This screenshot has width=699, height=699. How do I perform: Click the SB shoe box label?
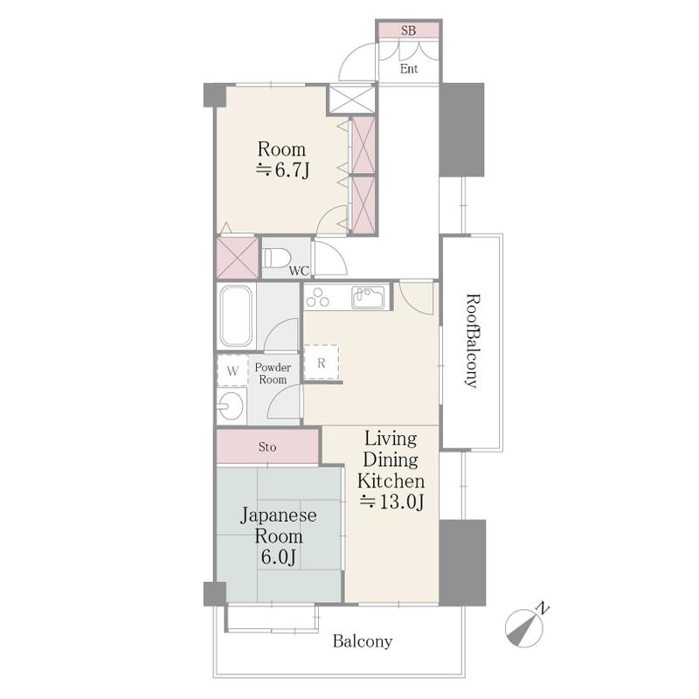(408, 31)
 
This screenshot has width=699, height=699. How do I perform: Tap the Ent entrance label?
(409, 69)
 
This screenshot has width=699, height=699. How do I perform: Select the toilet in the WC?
(276, 258)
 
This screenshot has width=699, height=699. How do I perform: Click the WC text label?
(299, 271)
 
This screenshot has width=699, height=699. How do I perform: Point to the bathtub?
(236, 316)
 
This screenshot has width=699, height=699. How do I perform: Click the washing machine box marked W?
(232, 370)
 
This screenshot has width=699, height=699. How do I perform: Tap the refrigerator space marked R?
(321, 363)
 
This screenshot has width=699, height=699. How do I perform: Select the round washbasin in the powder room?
(231, 406)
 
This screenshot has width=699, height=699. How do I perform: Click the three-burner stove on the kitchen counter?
(317, 297)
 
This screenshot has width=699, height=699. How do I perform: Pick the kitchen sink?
(368, 297)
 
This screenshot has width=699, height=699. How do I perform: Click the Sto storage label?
(267, 446)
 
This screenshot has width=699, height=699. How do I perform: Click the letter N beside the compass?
(543, 608)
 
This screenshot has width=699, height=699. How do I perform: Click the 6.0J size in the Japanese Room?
(279, 557)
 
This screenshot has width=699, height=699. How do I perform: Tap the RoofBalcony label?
(473, 341)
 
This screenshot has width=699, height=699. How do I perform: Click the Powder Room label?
(273, 373)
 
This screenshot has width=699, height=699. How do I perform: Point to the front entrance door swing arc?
(350, 55)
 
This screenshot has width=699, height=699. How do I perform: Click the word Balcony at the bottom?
(363, 641)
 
